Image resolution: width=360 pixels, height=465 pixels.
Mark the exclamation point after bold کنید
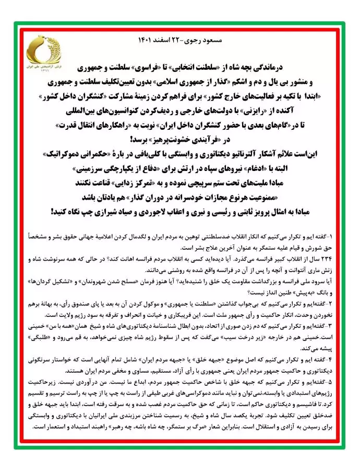point(52,212)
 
